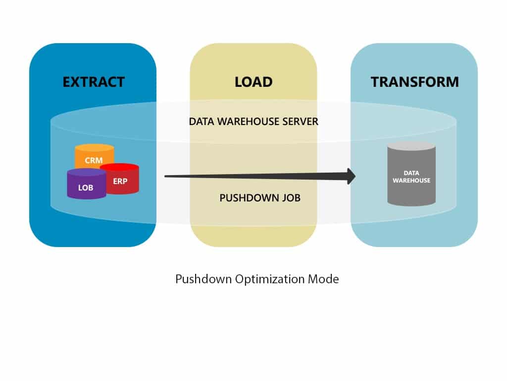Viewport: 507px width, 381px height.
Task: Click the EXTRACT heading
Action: [93, 81]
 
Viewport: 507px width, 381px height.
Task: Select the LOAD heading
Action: [253, 81]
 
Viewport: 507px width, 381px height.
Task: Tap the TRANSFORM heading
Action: [414, 81]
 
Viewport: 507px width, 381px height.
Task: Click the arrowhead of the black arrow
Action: [351, 176]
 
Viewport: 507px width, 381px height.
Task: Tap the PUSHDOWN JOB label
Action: [260, 198]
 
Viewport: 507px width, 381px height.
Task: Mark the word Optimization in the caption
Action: [265, 279]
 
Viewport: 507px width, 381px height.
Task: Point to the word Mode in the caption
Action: [323, 279]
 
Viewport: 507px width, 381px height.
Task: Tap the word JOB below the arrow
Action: [289, 198]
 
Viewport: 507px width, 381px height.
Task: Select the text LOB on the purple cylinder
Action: [85, 188]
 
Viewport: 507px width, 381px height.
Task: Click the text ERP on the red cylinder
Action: [120, 181]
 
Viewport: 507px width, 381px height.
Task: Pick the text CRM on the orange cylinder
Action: [94, 160]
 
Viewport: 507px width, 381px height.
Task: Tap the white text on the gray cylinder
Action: [411, 177]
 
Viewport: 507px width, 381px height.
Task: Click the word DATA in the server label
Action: [202, 121]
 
